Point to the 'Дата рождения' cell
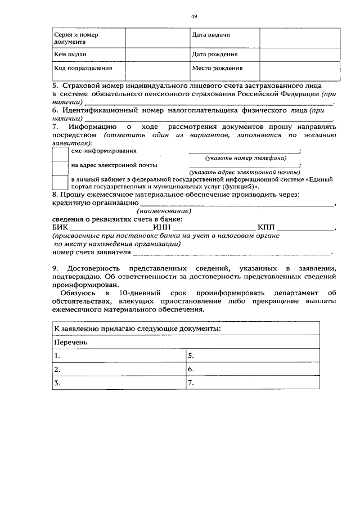(x=223, y=55)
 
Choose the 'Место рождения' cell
(x=223, y=68)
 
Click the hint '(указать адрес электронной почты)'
(x=244, y=172)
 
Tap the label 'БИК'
(x=60, y=228)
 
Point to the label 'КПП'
(x=267, y=228)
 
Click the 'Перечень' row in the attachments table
(x=186, y=342)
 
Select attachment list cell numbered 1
(x=119, y=356)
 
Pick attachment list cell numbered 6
(x=253, y=370)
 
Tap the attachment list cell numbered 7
(x=253, y=384)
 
